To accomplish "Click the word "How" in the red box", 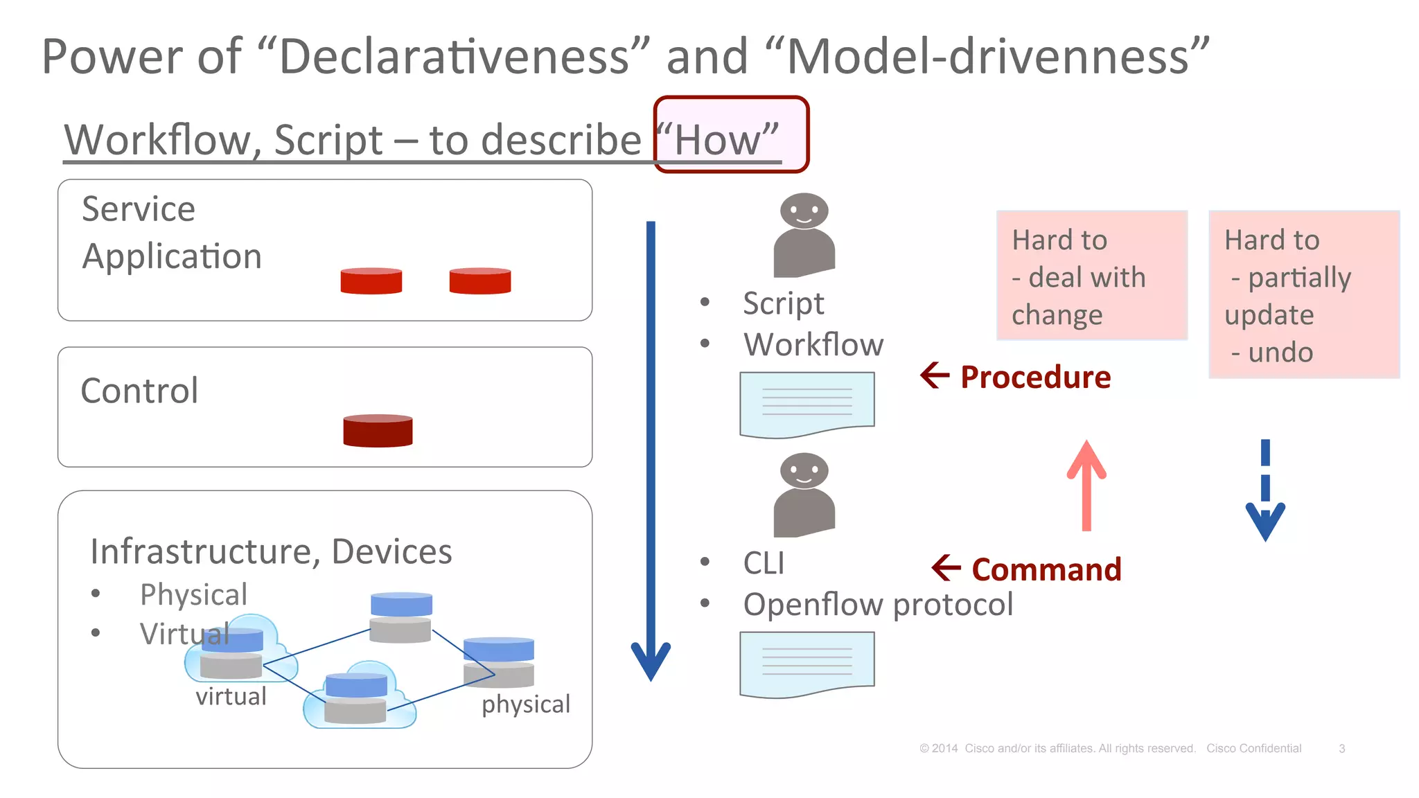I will (718, 140).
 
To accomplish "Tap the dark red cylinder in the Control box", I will (378, 430).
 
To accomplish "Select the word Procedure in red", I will (1034, 377).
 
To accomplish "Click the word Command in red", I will (1046, 569).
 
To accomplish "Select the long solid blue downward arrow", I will (651, 450).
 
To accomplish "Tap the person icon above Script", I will (804, 235).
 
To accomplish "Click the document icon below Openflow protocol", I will (807, 664).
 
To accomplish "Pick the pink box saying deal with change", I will (1091, 276).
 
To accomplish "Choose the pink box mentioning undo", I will (1303, 294).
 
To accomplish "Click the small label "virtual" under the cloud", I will (231, 696).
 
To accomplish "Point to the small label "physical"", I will (525, 704).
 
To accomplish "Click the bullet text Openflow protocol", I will (877, 604).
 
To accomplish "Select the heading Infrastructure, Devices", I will (271, 551).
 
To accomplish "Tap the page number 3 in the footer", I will (1341, 748).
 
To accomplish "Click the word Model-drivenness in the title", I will (987, 57).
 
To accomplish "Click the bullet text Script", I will (783, 303).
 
